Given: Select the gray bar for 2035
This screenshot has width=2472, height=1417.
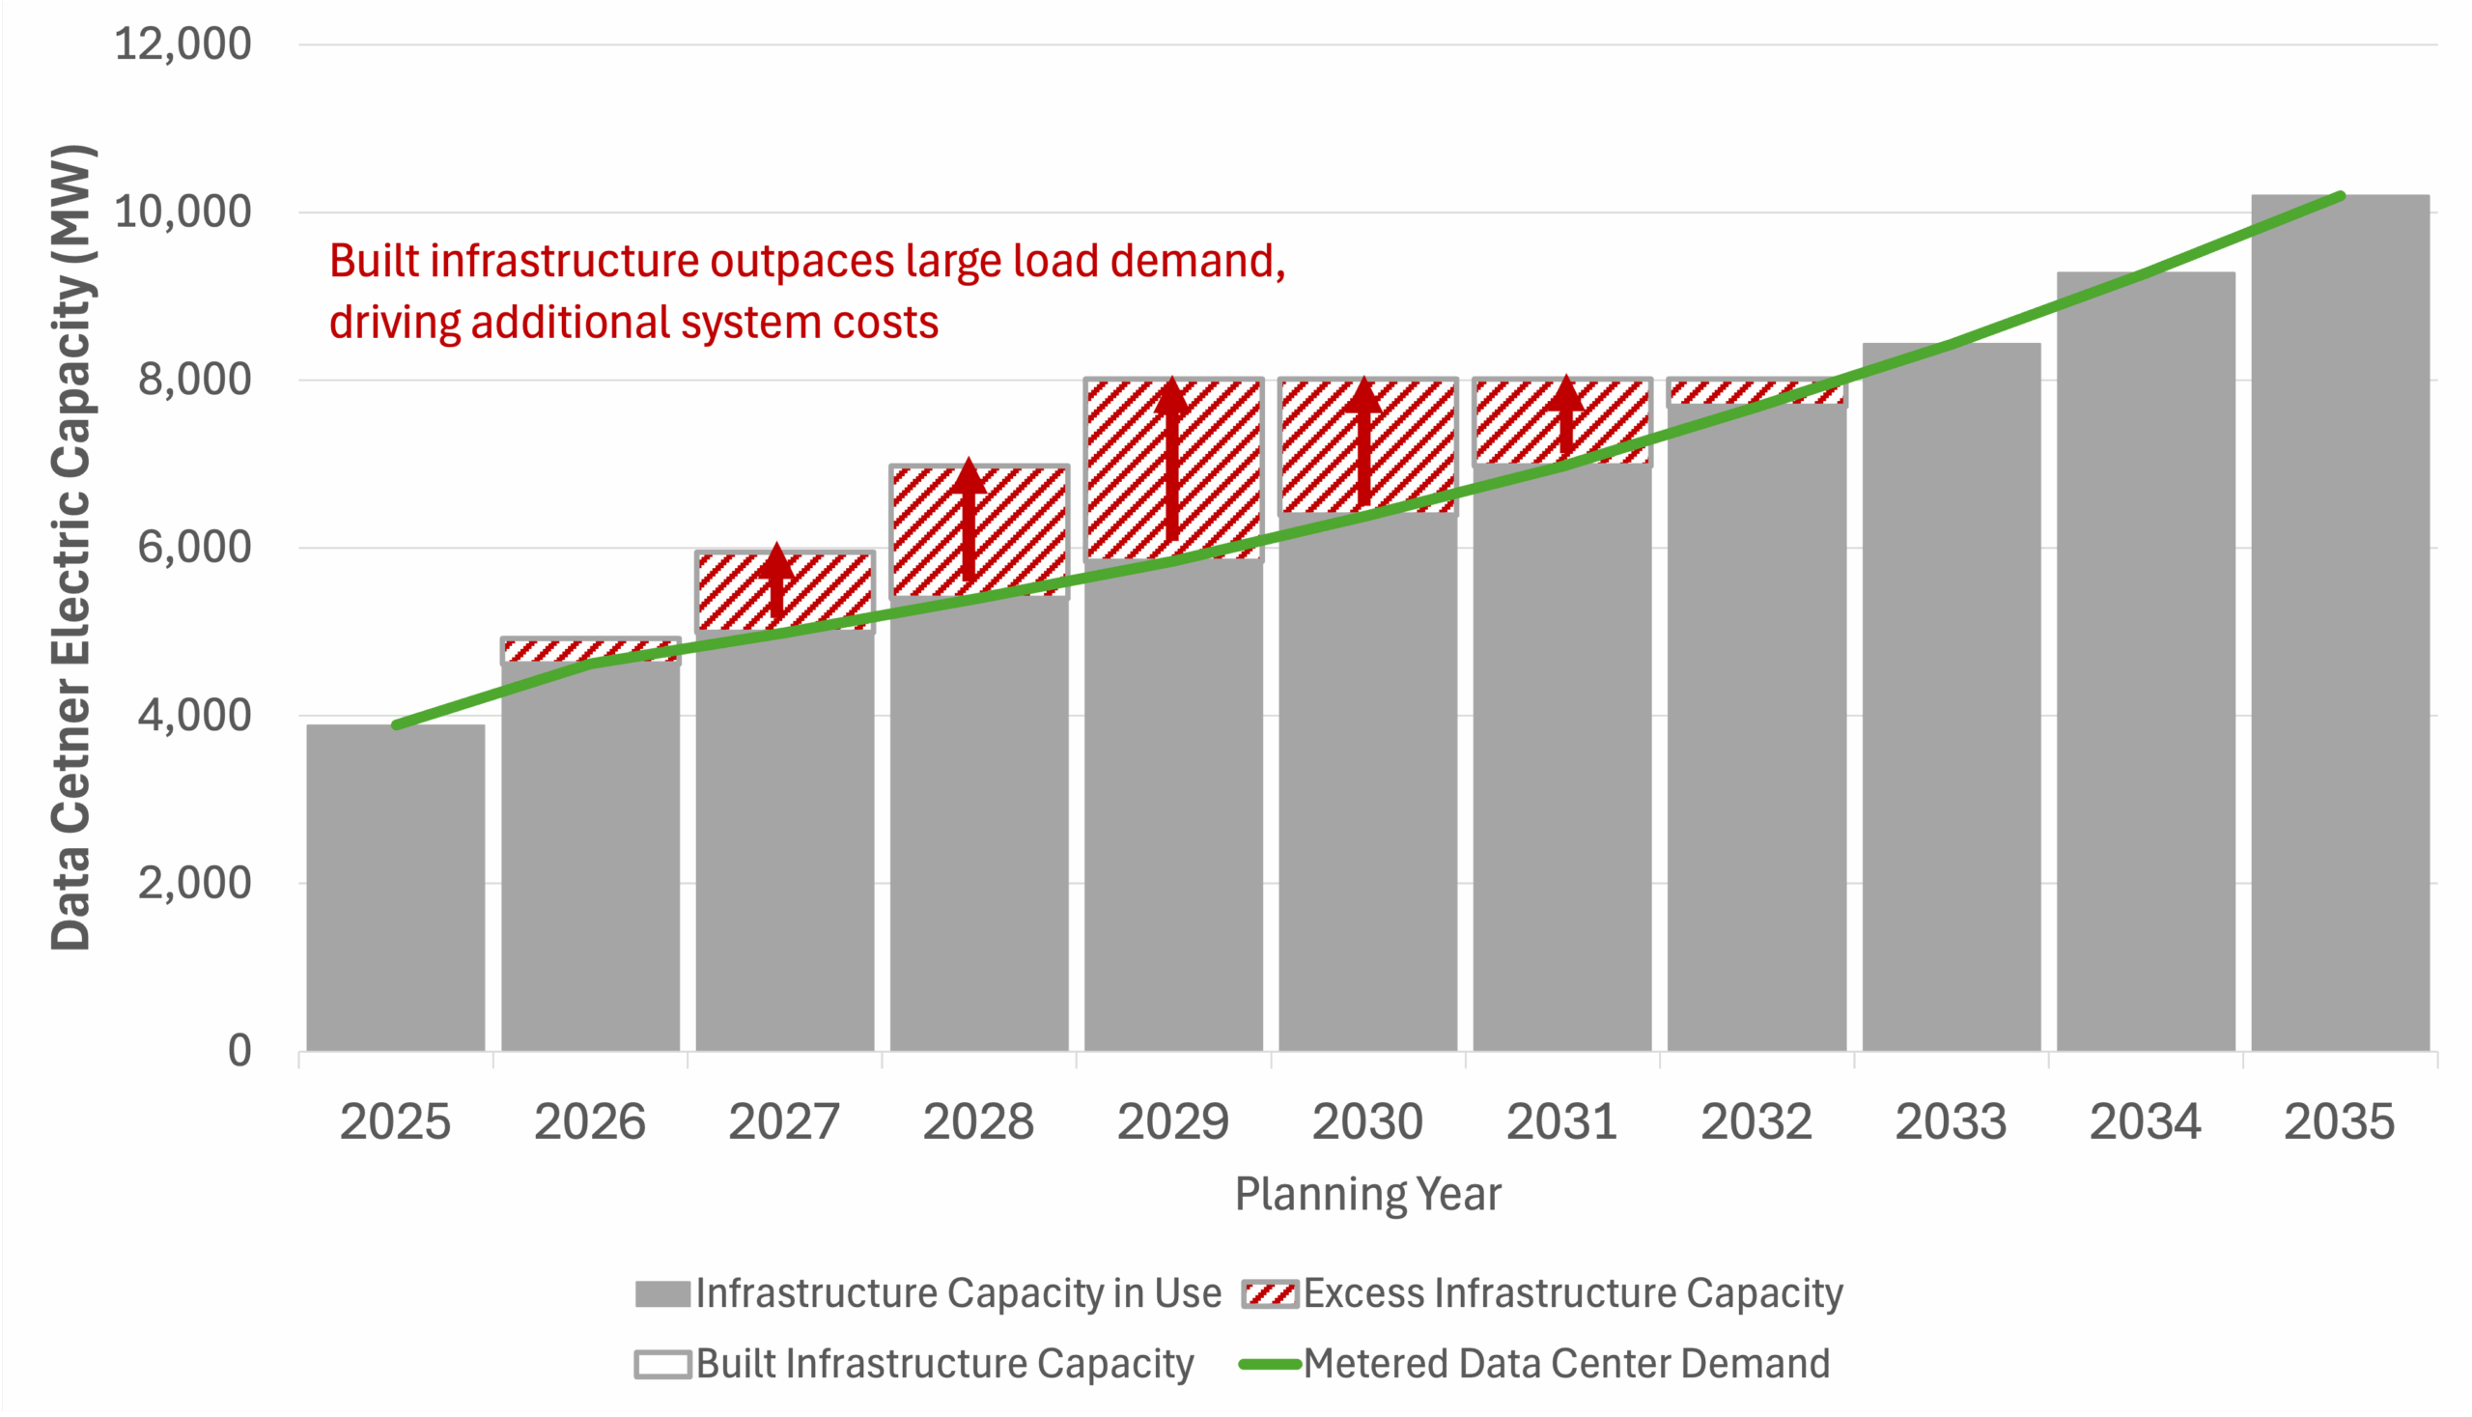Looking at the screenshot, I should pos(2340,623).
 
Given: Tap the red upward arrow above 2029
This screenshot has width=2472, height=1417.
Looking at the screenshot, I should pos(1172,458).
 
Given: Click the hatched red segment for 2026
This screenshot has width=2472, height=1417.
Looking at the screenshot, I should pos(590,651).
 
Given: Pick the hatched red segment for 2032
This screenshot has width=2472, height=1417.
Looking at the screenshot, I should pos(1756,392).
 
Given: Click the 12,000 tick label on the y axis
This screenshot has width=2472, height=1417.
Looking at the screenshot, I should pos(183,44).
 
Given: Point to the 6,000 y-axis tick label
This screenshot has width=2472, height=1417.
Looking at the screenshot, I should pos(194,548).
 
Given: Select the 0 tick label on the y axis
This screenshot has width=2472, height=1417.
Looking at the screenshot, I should pos(239,1052).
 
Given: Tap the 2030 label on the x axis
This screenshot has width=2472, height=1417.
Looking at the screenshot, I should pos(1367,1122).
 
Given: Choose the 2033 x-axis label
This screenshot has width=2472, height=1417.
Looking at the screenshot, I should pos(1950,1122).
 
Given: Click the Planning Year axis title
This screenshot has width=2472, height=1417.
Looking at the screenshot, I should pos(1367,1194).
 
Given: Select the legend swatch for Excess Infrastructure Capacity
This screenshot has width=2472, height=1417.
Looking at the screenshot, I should pos(1270,1294).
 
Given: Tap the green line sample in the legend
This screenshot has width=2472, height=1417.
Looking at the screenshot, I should pos(1270,1365).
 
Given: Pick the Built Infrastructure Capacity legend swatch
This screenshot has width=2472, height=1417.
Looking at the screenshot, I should pos(662,1365).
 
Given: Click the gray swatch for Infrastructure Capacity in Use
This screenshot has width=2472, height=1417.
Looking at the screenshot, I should pos(662,1294).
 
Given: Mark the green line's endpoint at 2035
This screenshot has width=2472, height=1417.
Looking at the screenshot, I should pos(2341,197).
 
